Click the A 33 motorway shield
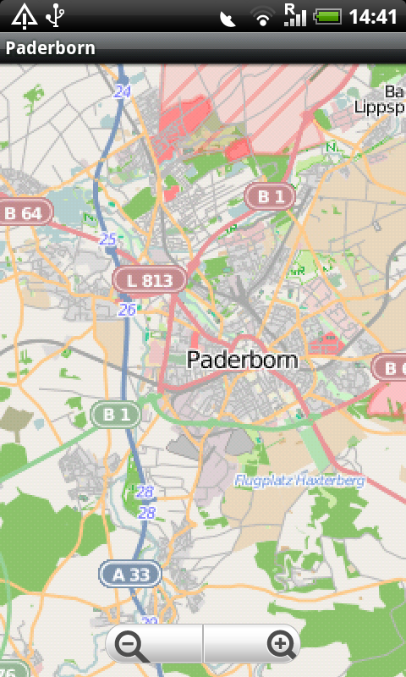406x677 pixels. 130,575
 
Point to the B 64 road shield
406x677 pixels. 24,212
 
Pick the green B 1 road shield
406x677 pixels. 116,415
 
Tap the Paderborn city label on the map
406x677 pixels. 242,360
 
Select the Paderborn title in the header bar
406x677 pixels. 51,48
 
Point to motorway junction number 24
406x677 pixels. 123,91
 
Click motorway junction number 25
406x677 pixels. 107,239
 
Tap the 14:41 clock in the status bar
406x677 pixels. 373,16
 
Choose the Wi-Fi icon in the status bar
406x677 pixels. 264,17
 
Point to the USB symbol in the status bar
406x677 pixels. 56,15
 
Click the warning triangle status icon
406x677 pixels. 23,15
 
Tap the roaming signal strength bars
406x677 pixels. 295,15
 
